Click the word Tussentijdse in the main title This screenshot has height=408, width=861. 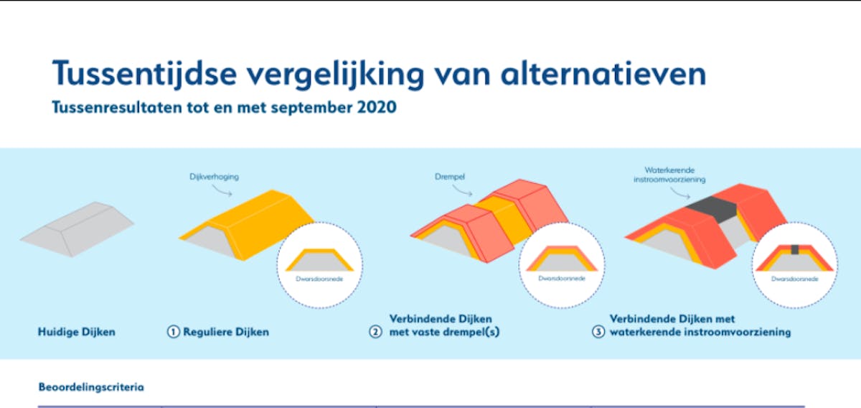(144, 73)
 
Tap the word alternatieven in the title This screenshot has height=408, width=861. (603, 73)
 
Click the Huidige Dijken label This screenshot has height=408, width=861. (77, 332)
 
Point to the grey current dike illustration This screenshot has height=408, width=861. (77, 228)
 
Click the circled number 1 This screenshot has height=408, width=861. (174, 332)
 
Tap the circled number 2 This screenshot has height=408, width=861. (375, 332)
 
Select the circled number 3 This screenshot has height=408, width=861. (598, 332)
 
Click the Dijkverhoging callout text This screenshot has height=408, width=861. (214, 177)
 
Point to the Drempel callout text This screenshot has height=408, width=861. (450, 177)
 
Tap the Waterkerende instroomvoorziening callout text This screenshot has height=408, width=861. (669, 175)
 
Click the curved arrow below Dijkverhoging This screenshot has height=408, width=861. (222, 190)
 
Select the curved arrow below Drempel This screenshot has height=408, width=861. (462, 190)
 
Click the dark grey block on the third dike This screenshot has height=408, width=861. (711, 209)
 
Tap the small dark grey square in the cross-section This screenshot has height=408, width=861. (795, 249)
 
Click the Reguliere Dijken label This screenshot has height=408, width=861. (226, 332)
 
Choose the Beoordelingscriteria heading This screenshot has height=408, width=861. (91, 387)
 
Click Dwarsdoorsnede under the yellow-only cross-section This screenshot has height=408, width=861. (319, 279)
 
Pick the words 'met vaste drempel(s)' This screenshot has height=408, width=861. (444, 332)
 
